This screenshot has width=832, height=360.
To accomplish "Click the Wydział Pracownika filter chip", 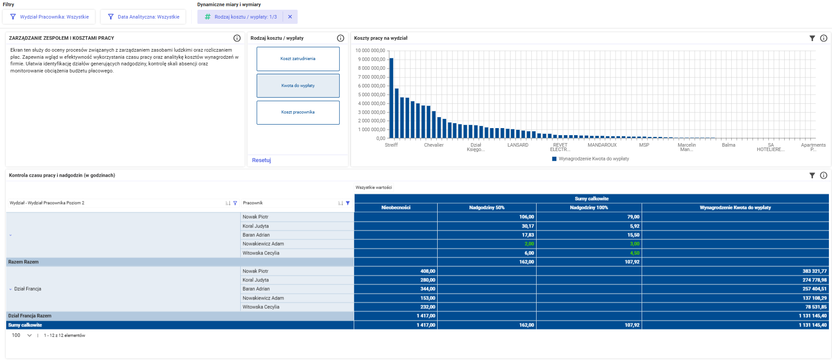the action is click(49, 17).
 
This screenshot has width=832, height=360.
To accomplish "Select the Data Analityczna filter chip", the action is click(143, 17).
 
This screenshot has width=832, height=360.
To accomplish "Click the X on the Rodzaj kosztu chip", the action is click(290, 17).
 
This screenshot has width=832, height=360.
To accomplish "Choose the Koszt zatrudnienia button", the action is click(298, 59).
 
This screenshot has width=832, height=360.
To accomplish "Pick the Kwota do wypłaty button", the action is click(298, 86).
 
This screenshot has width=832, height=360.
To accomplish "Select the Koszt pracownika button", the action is click(298, 112).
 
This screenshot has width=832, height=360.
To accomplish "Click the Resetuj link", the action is click(261, 160).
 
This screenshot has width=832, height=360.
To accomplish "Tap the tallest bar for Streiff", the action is click(391, 98).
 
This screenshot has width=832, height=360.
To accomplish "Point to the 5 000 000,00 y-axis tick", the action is click(371, 95).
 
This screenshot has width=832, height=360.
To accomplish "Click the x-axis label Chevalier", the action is click(434, 145).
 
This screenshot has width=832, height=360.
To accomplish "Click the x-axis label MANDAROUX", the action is click(602, 145).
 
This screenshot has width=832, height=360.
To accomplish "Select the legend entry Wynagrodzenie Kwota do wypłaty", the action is click(590, 159).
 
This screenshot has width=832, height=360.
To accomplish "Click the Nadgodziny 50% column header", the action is click(487, 208).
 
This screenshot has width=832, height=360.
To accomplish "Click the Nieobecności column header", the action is click(396, 208).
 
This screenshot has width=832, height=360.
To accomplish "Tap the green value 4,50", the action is click(635, 253).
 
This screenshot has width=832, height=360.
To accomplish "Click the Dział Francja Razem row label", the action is click(30, 316).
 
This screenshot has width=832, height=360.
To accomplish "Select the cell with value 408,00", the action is click(427, 271).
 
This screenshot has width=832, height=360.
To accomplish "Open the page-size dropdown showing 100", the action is click(22, 335).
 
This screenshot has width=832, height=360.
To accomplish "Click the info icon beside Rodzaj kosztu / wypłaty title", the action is click(340, 38).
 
